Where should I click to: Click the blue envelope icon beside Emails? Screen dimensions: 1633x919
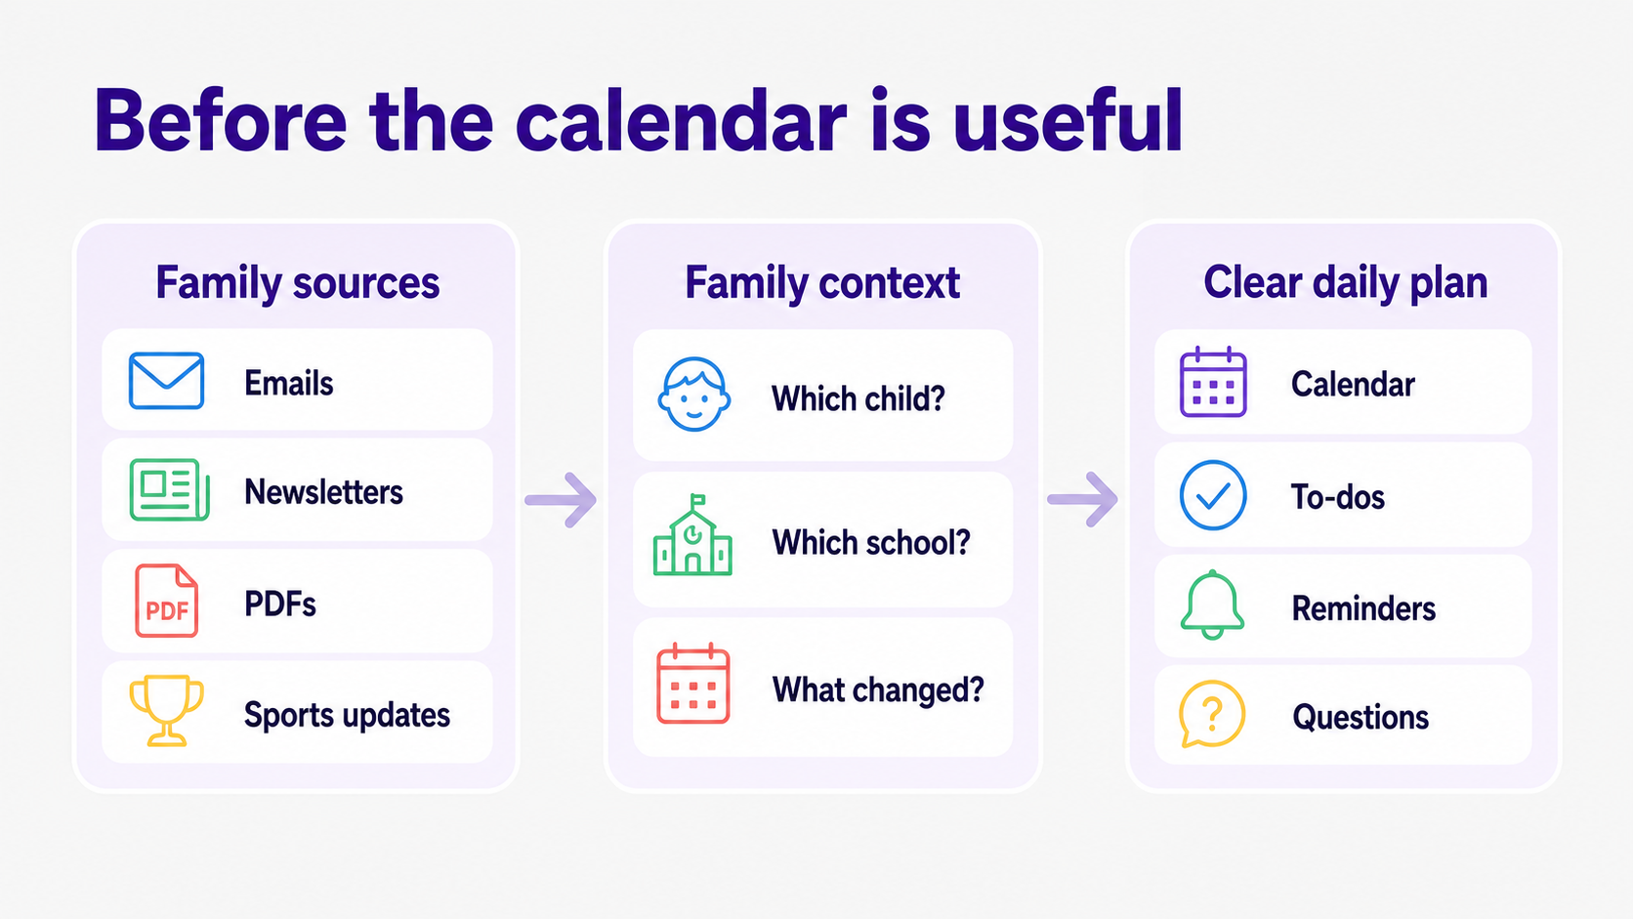pyautogui.click(x=166, y=381)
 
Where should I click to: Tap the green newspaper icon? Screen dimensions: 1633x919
pyautogui.click(x=169, y=489)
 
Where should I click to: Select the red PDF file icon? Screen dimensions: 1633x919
pyautogui.click(x=166, y=601)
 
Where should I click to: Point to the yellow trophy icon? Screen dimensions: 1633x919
pyautogui.click(x=166, y=710)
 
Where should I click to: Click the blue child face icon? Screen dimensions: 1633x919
pyautogui.click(x=694, y=395)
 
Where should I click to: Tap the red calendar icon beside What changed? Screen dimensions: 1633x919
pyautogui.click(x=692, y=684)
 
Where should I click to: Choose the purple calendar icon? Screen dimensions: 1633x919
pyautogui.click(x=1213, y=382)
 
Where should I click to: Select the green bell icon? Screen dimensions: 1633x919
pyautogui.click(x=1212, y=605)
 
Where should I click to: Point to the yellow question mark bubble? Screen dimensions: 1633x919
pyautogui.click(x=1212, y=714)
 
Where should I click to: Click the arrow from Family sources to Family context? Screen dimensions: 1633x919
pyautogui.click(x=561, y=500)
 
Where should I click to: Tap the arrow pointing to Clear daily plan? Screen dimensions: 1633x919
pyautogui.click(x=1082, y=499)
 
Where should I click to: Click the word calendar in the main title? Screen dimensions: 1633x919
pyautogui.click(x=681, y=120)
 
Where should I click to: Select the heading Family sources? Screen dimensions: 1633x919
pyautogui.click(x=298, y=283)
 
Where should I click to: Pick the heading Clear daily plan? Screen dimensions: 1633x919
pyautogui.click(x=1345, y=283)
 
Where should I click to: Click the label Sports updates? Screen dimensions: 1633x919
pyautogui.click(x=347, y=715)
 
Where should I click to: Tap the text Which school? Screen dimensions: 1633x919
pyautogui.click(x=871, y=542)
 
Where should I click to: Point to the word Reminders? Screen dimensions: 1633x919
pyautogui.click(x=1363, y=608)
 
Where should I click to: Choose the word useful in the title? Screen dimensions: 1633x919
pyautogui.click(x=1068, y=120)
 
